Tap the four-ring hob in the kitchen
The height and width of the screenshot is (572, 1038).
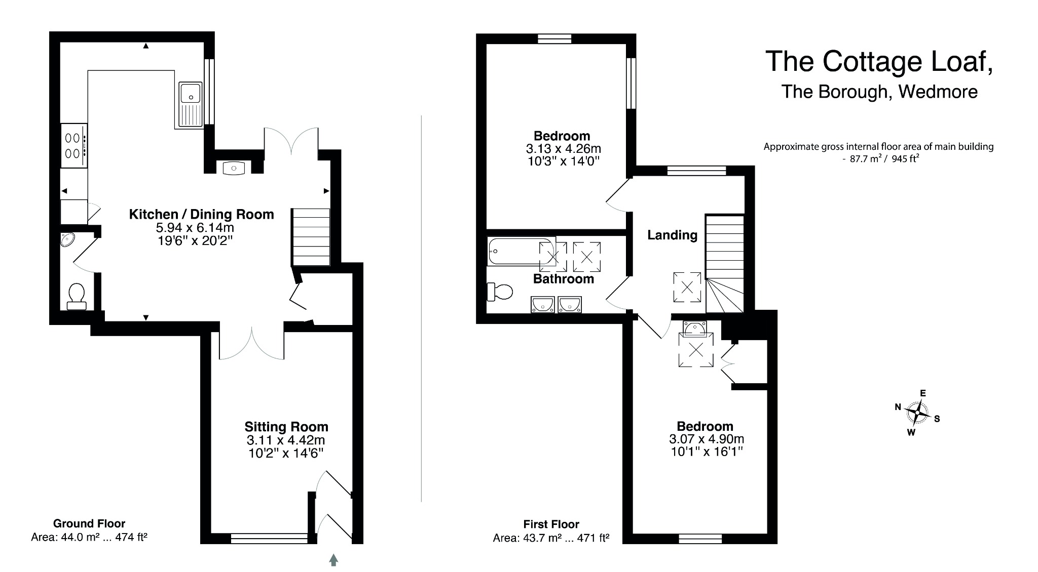tap(73, 145)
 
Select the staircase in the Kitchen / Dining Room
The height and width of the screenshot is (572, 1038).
tap(311, 237)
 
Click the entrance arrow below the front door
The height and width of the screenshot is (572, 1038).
tap(333, 559)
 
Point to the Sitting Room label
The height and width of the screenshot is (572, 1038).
tap(286, 427)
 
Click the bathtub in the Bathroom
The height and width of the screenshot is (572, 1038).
tap(520, 252)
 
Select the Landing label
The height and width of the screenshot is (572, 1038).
tap(672, 235)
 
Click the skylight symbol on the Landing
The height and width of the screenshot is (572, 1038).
tap(687, 288)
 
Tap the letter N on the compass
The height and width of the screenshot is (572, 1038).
tap(898, 407)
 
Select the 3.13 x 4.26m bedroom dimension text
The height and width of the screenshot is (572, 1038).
tap(563, 149)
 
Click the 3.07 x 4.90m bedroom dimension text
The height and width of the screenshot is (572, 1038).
tap(707, 439)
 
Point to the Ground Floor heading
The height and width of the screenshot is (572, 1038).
tap(89, 524)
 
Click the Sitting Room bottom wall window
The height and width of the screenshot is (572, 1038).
tap(269, 539)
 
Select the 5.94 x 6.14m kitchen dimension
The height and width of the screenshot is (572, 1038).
tap(195, 228)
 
